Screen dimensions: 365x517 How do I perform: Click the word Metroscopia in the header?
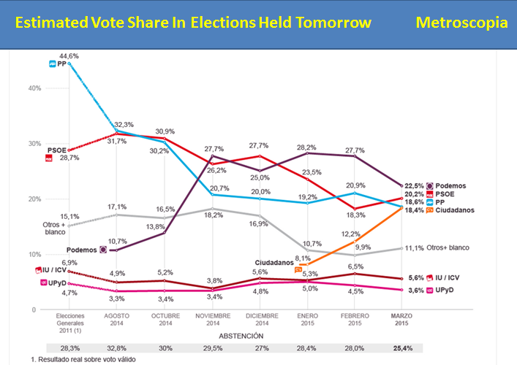point(461,22)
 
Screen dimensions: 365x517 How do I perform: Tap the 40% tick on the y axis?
point(32,88)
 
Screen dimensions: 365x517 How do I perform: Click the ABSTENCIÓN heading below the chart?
point(240,336)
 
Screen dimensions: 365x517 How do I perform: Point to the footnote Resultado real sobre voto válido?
point(83,360)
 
